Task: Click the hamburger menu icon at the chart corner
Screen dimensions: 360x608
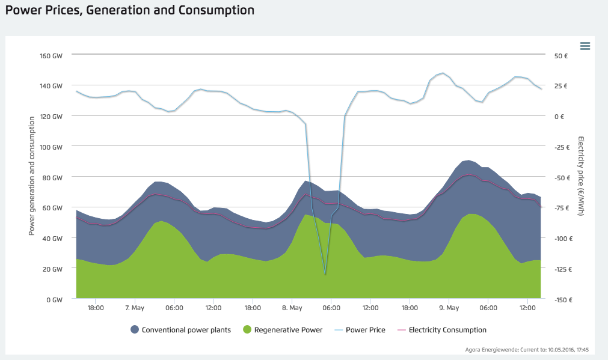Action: (585, 46)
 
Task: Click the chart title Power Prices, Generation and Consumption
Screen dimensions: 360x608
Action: (129, 10)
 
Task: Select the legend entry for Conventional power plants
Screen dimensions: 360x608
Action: (180, 330)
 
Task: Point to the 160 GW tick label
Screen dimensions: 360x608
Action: (52, 56)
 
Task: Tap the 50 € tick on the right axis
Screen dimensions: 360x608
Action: (561, 56)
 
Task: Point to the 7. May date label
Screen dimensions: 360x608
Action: (135, 308)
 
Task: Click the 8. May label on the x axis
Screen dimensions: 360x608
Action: (292, 308)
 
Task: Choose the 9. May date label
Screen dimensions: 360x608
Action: (449, 308)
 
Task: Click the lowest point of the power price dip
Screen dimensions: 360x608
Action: (325, 275)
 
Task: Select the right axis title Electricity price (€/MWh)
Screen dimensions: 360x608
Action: (581, 176)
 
